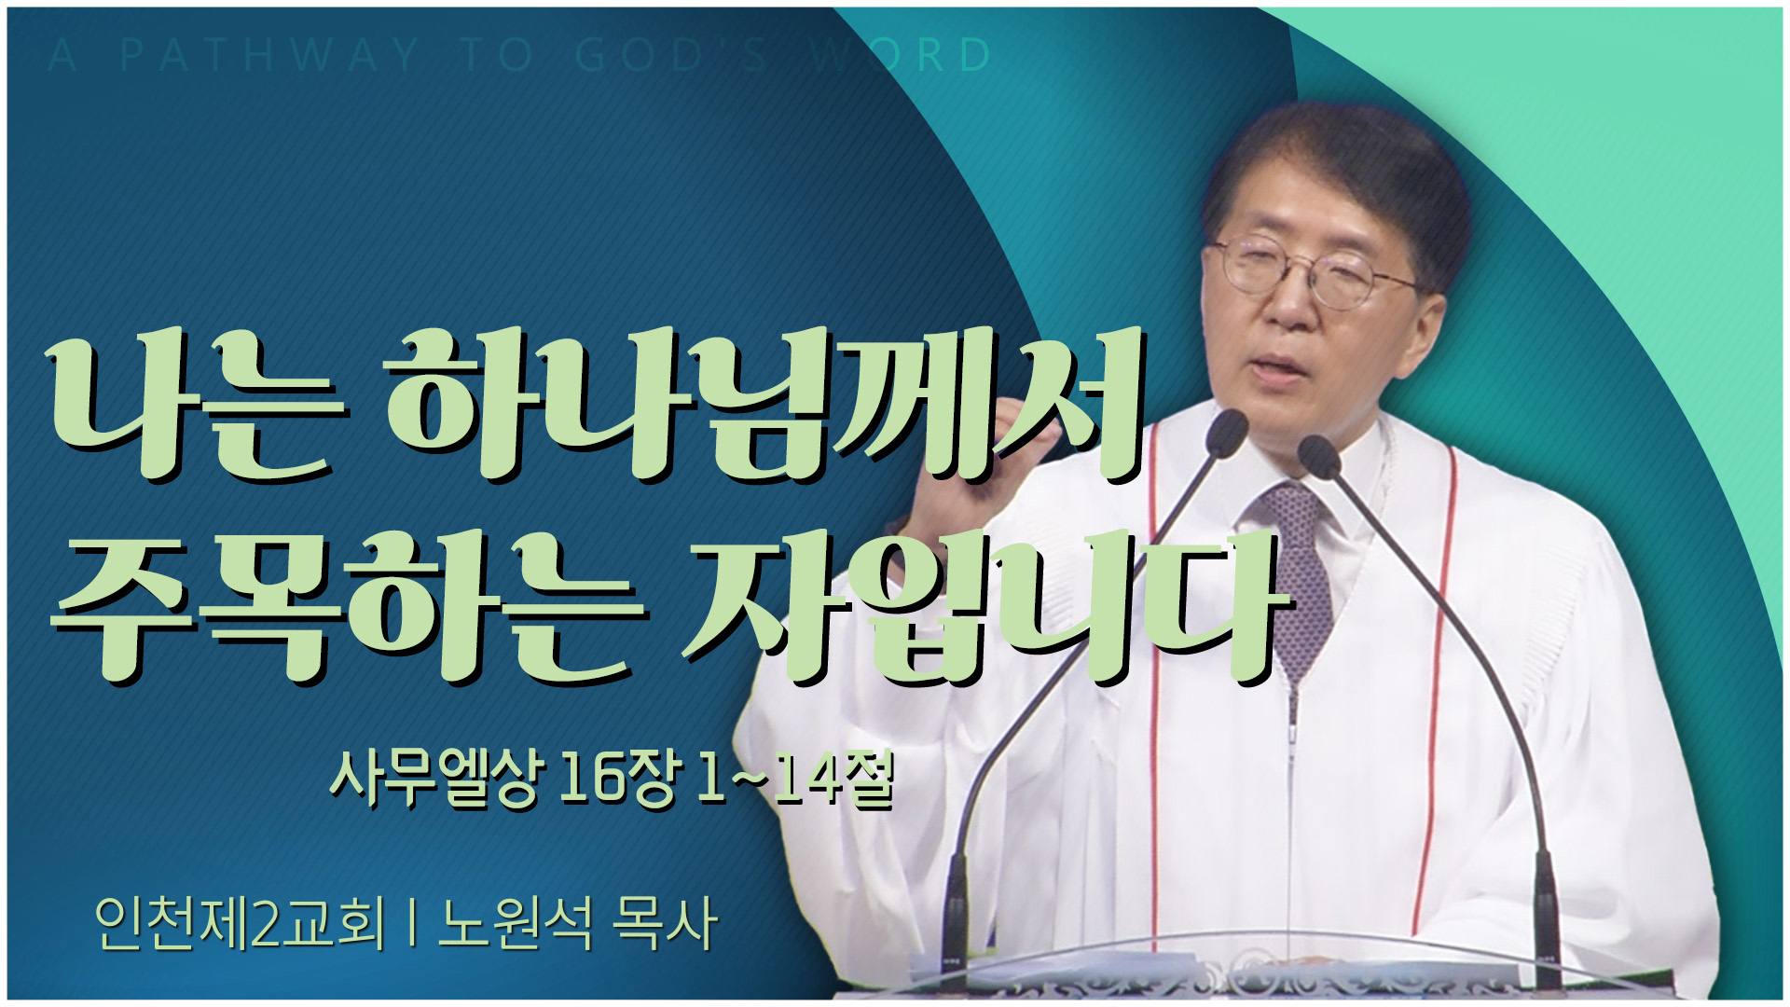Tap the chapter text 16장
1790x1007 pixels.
click(x=616, y=779)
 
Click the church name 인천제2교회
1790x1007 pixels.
click(x=240, y=923)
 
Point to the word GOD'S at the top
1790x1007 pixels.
click(x=671, y=56)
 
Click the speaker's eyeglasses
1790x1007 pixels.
click(x=1315, y=266)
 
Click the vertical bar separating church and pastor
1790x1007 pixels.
click(x=411, y=924)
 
